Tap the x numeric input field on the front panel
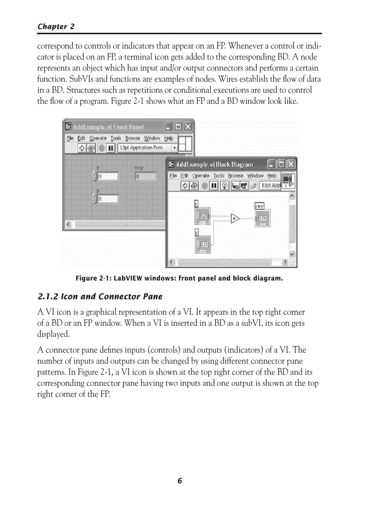[107, 177]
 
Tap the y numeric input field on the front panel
[107, 199]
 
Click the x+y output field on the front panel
[145, 177]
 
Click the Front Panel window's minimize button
[168, 126]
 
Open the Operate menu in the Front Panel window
[98, 138]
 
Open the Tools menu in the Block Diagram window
[219, 176]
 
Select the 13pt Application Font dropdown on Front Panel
[147, 148]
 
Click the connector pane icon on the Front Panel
[185, 144]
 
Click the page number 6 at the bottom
[180, 481]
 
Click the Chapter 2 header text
[55, 26]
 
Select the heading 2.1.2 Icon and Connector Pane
[100, 297]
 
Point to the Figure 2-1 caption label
[179, 278]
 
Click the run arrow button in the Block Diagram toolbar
[185, 185]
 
